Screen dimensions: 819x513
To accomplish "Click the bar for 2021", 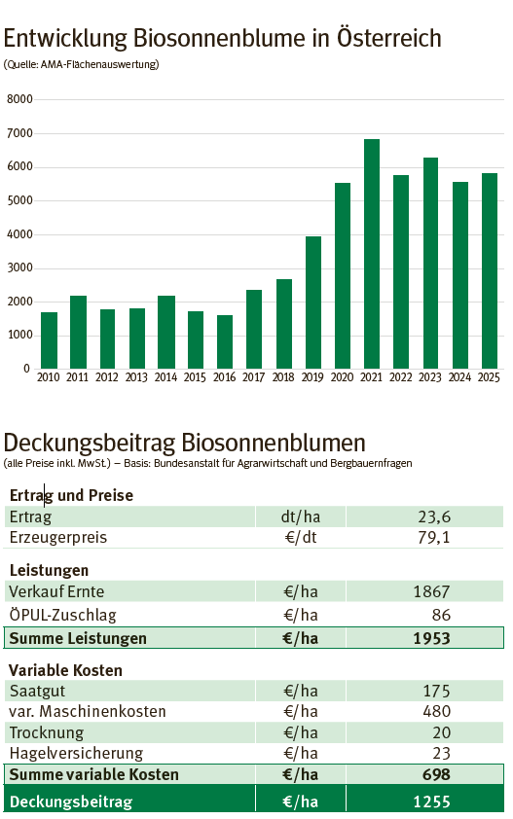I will tap(371, 253).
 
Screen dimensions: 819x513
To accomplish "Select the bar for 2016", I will tap(224, 340).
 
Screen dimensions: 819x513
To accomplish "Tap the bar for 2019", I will tap(312, 302).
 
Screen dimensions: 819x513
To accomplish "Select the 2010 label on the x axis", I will tap(49, 376).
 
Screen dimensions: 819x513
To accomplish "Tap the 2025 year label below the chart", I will tap(489, 376).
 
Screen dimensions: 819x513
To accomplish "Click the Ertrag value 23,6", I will tap(431, 517).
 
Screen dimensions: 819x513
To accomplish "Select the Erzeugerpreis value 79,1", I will tap(431, 538).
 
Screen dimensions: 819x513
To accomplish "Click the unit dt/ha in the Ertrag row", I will tap(301, 517).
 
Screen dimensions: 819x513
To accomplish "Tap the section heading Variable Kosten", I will tap(65, 670).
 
